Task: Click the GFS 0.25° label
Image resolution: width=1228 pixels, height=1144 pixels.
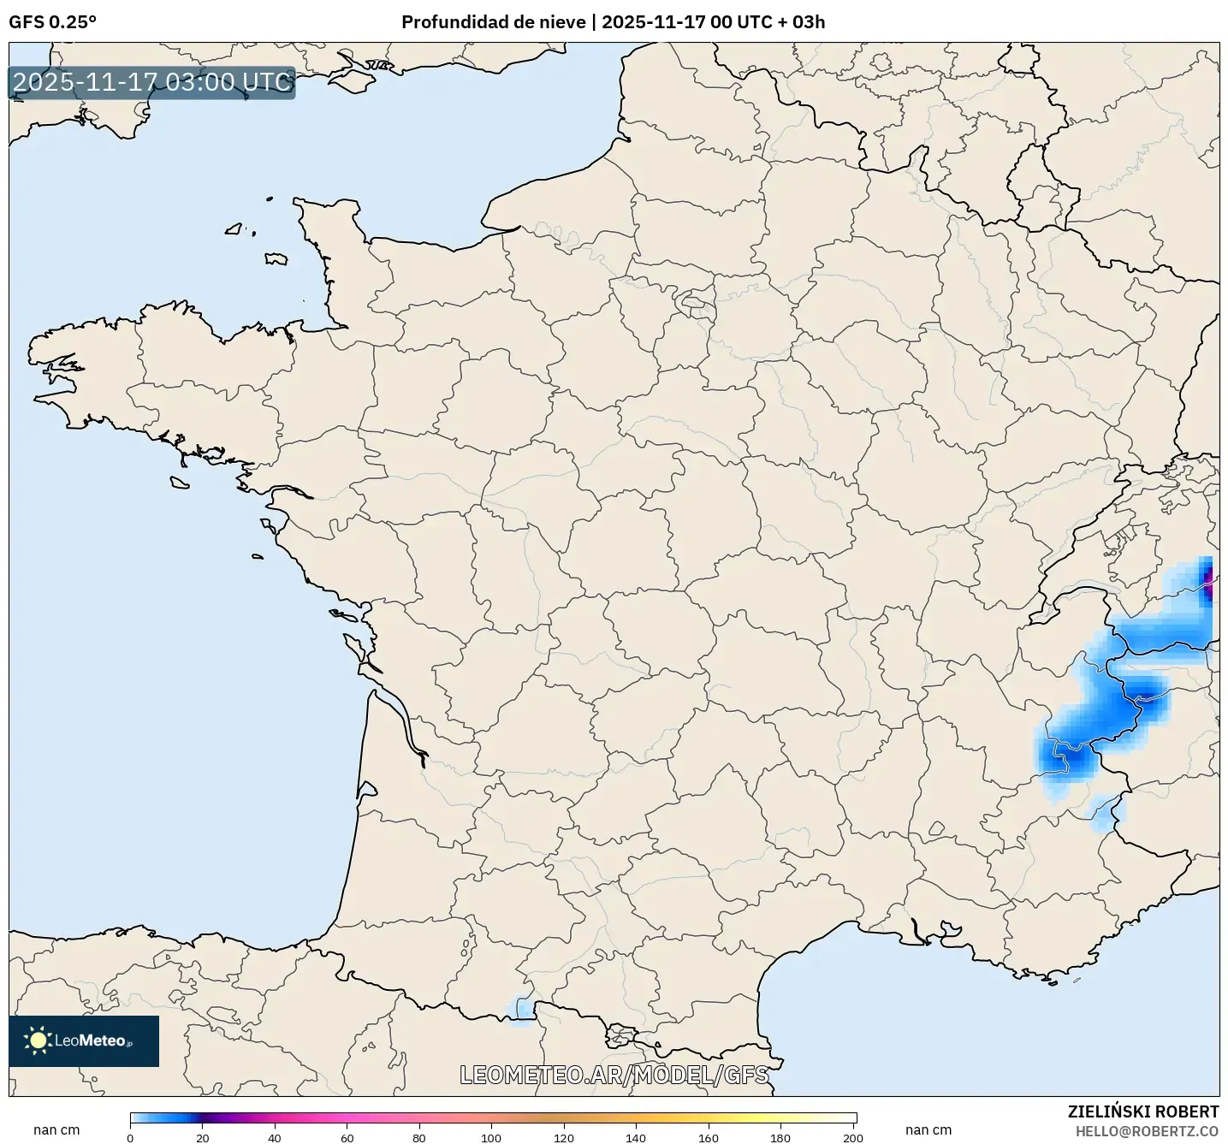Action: tap(52, 22)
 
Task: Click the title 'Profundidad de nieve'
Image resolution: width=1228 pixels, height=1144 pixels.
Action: tap(494, 22)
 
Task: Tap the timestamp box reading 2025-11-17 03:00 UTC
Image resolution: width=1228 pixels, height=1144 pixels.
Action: tap(152, 82)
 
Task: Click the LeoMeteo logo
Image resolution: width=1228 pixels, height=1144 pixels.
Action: tap(84, 1040)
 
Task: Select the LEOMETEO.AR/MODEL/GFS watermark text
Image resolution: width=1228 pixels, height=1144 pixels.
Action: tap(614, 1075)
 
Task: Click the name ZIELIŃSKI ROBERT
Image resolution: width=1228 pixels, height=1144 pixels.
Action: tap(1142, 1111)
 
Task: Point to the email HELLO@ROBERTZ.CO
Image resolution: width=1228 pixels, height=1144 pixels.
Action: tap(1147, 1131)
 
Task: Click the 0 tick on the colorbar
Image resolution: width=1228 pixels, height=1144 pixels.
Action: tap(130, 1138)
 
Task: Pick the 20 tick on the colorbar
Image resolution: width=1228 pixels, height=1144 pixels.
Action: tap(203, 1138)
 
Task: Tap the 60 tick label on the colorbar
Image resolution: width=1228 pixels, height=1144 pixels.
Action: tap(347, 1138)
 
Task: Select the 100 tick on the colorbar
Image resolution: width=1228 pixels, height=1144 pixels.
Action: tap(491, 1138)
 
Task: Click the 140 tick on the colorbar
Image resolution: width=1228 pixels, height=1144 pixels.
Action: tap(636, 1138)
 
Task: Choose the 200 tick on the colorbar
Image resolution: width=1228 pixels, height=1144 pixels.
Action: tap(852, 1138)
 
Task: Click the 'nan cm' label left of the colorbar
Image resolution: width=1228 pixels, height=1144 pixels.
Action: tap(56, 1130)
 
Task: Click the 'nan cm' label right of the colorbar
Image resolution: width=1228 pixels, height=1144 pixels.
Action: tap(928, 1130)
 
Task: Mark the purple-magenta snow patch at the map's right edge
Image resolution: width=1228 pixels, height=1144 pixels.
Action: tap(1208, 583)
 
